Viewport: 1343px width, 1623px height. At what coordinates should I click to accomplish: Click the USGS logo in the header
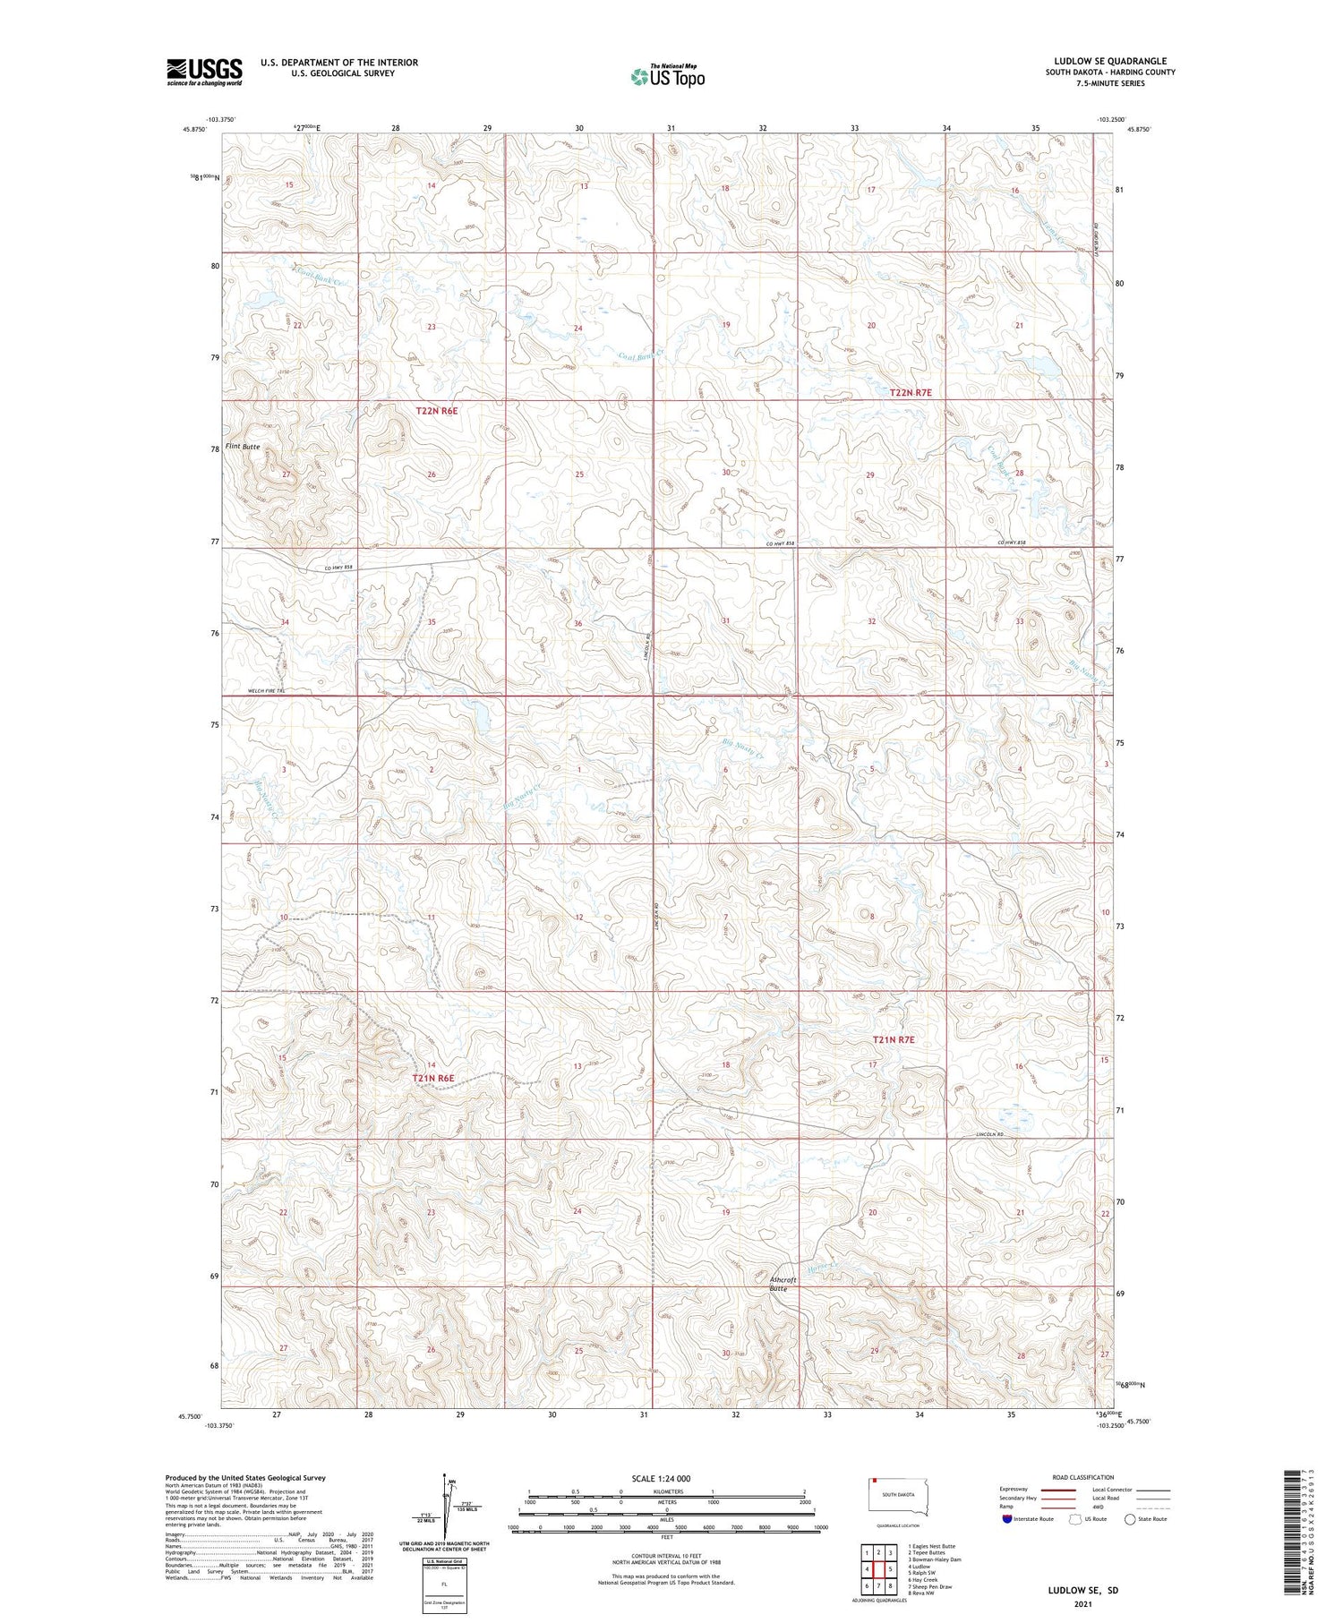click(204, 72)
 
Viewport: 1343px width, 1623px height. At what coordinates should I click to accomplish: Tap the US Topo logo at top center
click(667, 77)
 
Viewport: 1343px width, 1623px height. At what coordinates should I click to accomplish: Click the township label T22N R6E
click(437, 410)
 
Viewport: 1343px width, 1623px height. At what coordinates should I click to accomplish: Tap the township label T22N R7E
click(911, 393)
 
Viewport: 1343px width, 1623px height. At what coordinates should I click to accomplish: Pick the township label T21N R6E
click(433, 1079)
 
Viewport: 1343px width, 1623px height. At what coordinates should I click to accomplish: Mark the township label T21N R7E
click(894, 1039)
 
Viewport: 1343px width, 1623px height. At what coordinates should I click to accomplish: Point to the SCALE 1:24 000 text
click(667, 1478)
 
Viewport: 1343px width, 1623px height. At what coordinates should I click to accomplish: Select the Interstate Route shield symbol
click(1007, 1519)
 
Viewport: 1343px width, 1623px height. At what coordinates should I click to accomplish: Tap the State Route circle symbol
click(1130, 1519)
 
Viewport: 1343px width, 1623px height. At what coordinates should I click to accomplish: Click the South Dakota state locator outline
click(898, 1495)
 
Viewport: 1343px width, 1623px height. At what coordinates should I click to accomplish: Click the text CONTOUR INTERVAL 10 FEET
click(666, 1557)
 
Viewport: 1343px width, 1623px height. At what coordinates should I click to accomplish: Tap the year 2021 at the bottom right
click(1083, 1605)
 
